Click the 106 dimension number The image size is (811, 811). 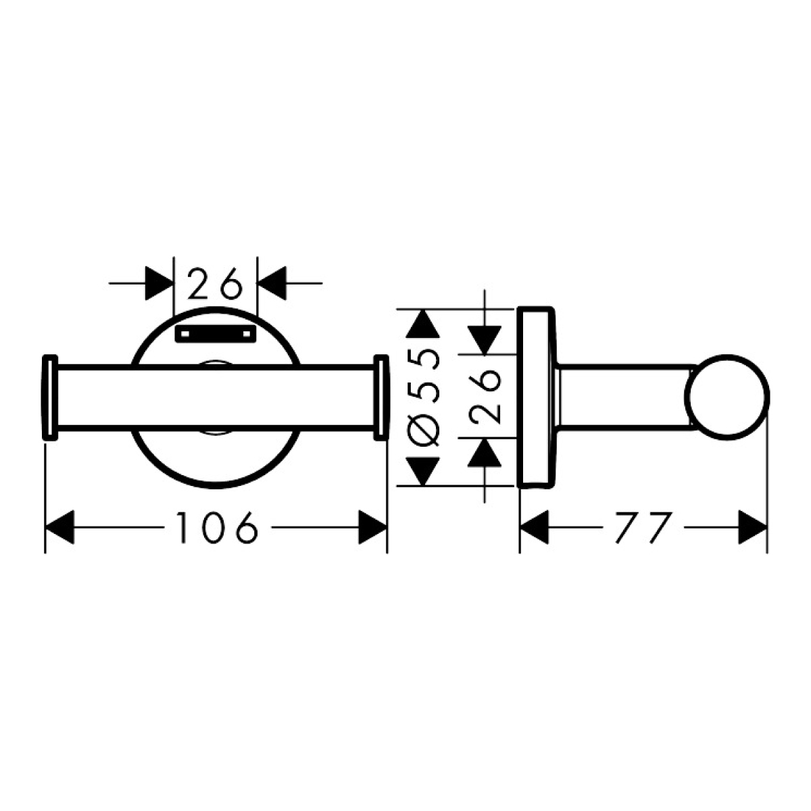(x=216, y=527)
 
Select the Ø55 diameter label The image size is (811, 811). (x=424, y=397)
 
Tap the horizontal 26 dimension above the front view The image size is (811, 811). (x=215, y=283)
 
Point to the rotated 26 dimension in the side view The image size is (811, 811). (x=485, y=397)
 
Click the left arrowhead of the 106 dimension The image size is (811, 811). (x=59, y=527)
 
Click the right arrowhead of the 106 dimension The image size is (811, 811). (x=372, y=527)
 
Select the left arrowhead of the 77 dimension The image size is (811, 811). (x=535, y=527)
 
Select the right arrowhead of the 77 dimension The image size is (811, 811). (x=752, y=527)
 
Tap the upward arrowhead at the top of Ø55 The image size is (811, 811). (x=423, y=324)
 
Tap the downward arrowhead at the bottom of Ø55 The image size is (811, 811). (x=423, y=471)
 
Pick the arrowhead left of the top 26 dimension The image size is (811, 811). (x=159, y=283)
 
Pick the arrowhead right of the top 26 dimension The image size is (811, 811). (x=272, y=283)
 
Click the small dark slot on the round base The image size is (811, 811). (x=216, y=334)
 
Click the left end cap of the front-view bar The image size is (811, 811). (x=49, y=397)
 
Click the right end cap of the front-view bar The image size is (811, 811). (x=381, y=397)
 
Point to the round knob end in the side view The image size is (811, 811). (x=727, y=397)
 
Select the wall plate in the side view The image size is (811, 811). (x=537, y=397)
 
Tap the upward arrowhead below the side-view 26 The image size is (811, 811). (x=485, y=453)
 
